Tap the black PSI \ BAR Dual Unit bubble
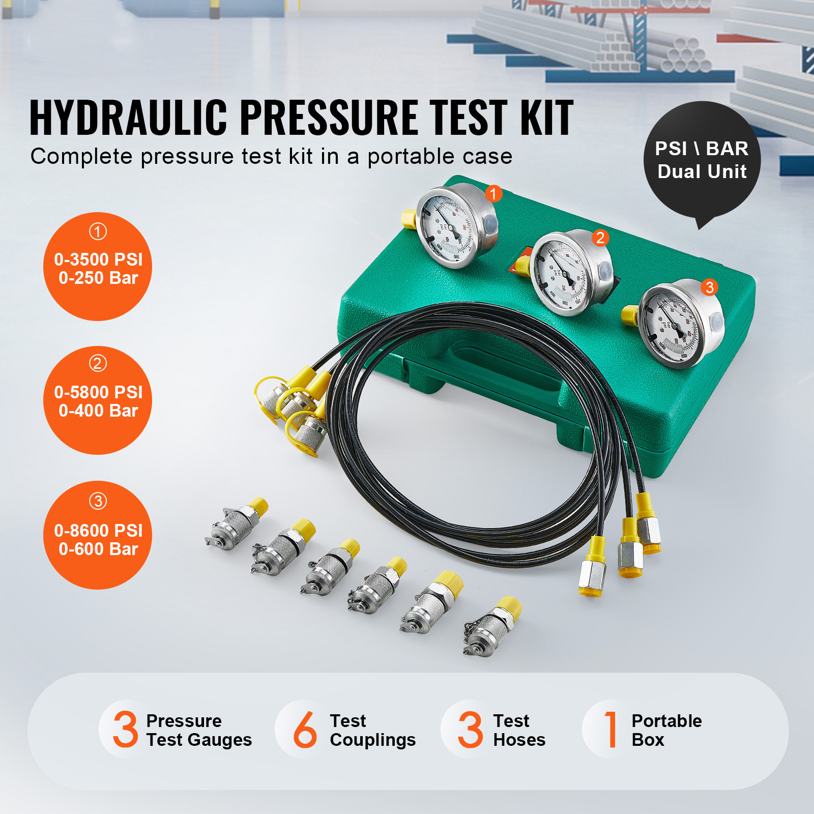[x=702, y=160]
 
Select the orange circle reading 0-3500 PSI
[x=98, y=267]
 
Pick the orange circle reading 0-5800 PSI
[x=98, y=400]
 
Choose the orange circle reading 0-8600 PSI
[x=98, y=535]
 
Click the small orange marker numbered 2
[x=600, y=238]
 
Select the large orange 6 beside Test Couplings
[x=305, y=730]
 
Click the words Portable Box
[x=666, y=730]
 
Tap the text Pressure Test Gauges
[x=198, y=730]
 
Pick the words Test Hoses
[x=519, y=730]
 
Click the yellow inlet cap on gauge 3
[x=630, y=315]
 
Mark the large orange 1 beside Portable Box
[x=611, y=730]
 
